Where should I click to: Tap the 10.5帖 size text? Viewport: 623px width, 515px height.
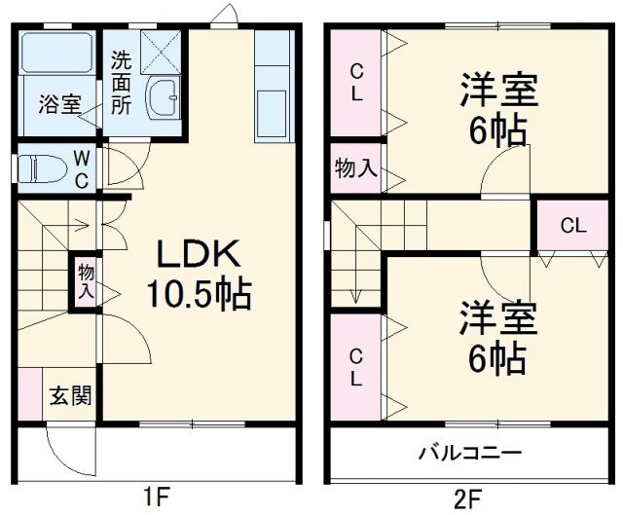200,292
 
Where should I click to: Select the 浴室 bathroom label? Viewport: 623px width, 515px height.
60,104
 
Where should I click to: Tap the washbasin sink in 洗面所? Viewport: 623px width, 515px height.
163,99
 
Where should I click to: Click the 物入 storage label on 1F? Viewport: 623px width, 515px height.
87,280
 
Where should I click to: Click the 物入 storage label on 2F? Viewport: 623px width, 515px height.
356,168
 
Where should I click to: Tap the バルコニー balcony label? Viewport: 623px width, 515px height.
471,454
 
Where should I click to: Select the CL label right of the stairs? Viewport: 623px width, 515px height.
573,226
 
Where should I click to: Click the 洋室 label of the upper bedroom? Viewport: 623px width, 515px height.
498,92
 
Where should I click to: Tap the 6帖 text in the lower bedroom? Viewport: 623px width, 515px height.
497,359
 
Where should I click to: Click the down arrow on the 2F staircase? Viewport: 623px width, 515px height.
357,289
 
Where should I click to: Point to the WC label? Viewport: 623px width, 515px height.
83,167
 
